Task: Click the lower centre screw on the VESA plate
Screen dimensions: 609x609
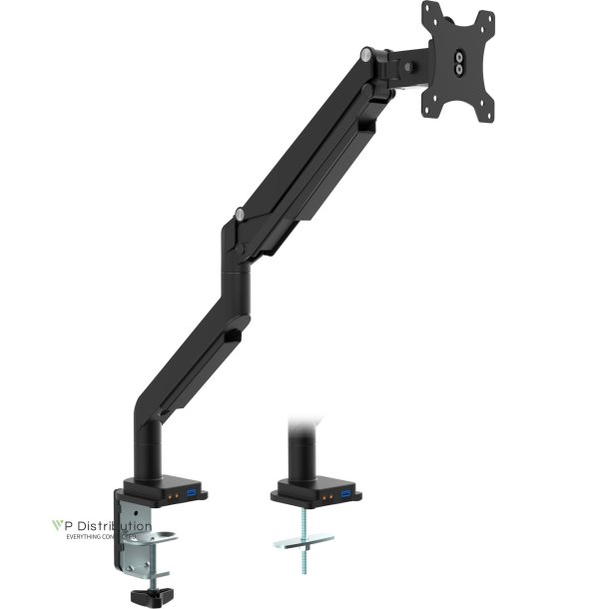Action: pyautogui.click(x=459, y=72)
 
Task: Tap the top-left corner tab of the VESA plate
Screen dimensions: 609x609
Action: pyautogui.click(x=429, y=11)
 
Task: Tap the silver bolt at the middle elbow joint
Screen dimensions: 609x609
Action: pyautogui.click(x=239, y=213)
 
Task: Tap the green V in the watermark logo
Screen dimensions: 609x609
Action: pyautogui.click(x=57, y=525)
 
